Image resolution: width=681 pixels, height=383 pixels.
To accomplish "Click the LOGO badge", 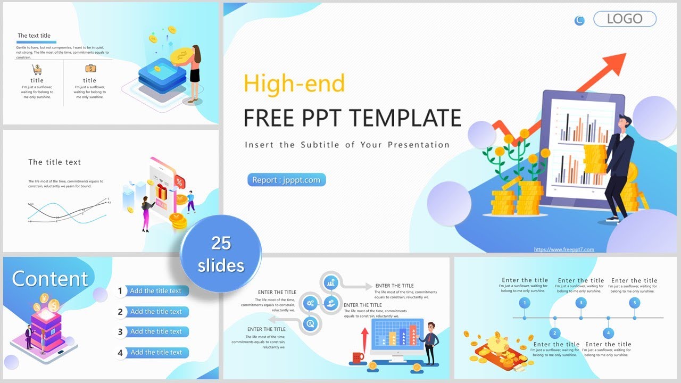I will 625,19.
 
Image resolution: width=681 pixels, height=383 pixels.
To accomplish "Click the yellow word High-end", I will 294,84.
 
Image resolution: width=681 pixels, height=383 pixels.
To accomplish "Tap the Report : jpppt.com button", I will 286,180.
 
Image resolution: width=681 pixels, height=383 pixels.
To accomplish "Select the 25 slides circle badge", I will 221,254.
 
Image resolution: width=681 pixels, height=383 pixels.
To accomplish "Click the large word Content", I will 50,279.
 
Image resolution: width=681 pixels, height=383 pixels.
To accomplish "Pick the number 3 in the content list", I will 120,332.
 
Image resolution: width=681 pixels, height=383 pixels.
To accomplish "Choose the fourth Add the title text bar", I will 156,352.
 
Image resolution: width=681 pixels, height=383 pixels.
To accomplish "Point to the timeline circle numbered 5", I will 634,303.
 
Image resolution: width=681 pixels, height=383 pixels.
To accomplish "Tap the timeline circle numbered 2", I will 555,334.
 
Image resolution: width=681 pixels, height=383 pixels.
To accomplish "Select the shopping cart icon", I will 37,69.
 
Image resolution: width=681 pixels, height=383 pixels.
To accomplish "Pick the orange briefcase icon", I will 90,69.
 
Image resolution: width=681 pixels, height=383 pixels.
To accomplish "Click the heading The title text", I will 54,162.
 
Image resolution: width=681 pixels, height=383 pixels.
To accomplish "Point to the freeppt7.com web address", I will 564,249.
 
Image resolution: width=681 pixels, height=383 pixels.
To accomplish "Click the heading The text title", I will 34,36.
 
